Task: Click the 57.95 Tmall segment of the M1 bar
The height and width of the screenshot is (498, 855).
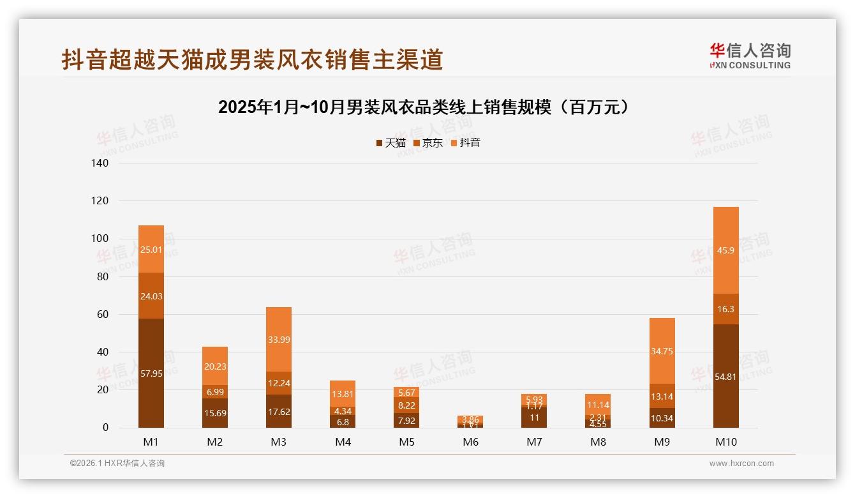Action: [x=151, y=373]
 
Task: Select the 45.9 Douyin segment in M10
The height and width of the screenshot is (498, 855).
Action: [x=725, y=250]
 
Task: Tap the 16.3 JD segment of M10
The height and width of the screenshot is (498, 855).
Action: [x=725, y=309]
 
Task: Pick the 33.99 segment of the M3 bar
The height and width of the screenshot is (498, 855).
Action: [x=279, y=339]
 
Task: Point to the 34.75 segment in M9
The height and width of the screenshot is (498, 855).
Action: [x=662, y=351]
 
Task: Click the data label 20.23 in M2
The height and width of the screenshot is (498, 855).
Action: [x=215, y=366]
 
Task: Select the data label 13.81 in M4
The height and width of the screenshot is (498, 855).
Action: [x=343, y=395]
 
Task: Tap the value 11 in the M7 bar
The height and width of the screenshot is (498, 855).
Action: [x=534, y=418]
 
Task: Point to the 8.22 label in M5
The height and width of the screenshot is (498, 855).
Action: [x=406, y=405]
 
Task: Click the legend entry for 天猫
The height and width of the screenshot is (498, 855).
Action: [x=390, y=143]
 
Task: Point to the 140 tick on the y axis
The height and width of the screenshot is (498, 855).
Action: [x=100, y=163]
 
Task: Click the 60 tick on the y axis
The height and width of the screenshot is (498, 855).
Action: [x=102, y=314]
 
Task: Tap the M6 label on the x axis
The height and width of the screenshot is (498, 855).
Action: [x=470, y=442]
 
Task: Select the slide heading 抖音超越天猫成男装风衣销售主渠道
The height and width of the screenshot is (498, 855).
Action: [x=252, y=59]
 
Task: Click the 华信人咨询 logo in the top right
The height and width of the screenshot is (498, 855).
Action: [x=750, y=56]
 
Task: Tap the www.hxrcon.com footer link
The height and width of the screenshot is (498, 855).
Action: [x=741, y=464]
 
